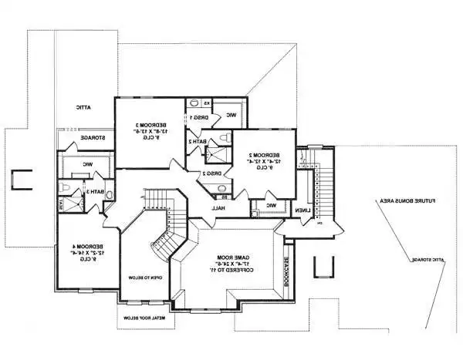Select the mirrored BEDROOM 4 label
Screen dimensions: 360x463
tap(83, 248)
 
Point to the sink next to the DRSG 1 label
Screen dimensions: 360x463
tap(195, 103)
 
